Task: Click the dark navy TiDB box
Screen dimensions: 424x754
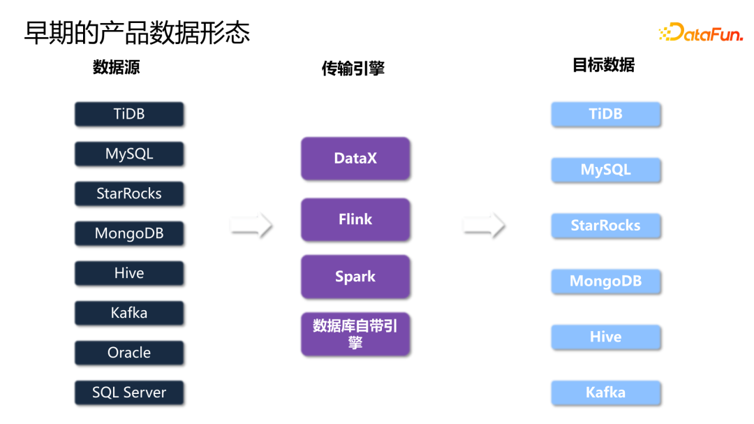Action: click(129, 114)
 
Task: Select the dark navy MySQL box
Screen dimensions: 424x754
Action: click(129, 154)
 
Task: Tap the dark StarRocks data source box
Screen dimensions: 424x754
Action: click(129, 193)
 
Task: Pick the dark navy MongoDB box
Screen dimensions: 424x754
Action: click(129, 233)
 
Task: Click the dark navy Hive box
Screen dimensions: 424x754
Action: click(129, 273)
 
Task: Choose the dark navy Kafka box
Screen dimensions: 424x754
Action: click(129, 313)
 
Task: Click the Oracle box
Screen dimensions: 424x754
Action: click(129, 353)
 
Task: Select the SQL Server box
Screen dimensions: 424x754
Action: click(129, 393)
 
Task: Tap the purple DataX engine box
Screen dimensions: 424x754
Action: click(355, 159)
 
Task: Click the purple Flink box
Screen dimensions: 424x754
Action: click(355, 219)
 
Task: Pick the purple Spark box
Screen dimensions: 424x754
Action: click(355, 277)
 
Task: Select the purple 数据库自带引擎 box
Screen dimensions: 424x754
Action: click(355, 334)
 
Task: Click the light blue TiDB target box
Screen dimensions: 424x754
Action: click(605, 114)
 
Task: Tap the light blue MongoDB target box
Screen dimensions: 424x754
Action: click(605, 282)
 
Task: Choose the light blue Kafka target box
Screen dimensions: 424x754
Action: click(605, 393)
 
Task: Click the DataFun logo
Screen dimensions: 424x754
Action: click(700, 32)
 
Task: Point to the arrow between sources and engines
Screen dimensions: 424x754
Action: click(251, 225)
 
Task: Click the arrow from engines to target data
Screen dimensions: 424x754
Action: click(484, 225)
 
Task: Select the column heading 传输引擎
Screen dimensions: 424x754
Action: click(353, 68)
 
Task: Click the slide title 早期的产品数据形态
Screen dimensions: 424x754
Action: click(137, 33)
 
